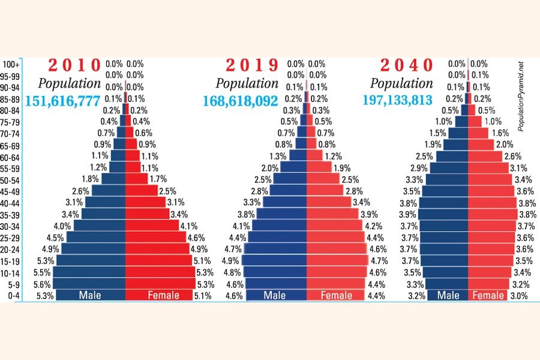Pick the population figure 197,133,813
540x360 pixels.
pos(397,100)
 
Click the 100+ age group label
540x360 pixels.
pos(12,64)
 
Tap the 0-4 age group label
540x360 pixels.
pos(12,295)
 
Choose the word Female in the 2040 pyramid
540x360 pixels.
pos(488,295)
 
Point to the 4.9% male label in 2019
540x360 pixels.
pos(231,260)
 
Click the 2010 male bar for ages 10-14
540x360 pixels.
pos(90,272)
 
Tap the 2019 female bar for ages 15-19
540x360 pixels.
pos(338,260)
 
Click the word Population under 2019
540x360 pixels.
pos(247,83)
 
